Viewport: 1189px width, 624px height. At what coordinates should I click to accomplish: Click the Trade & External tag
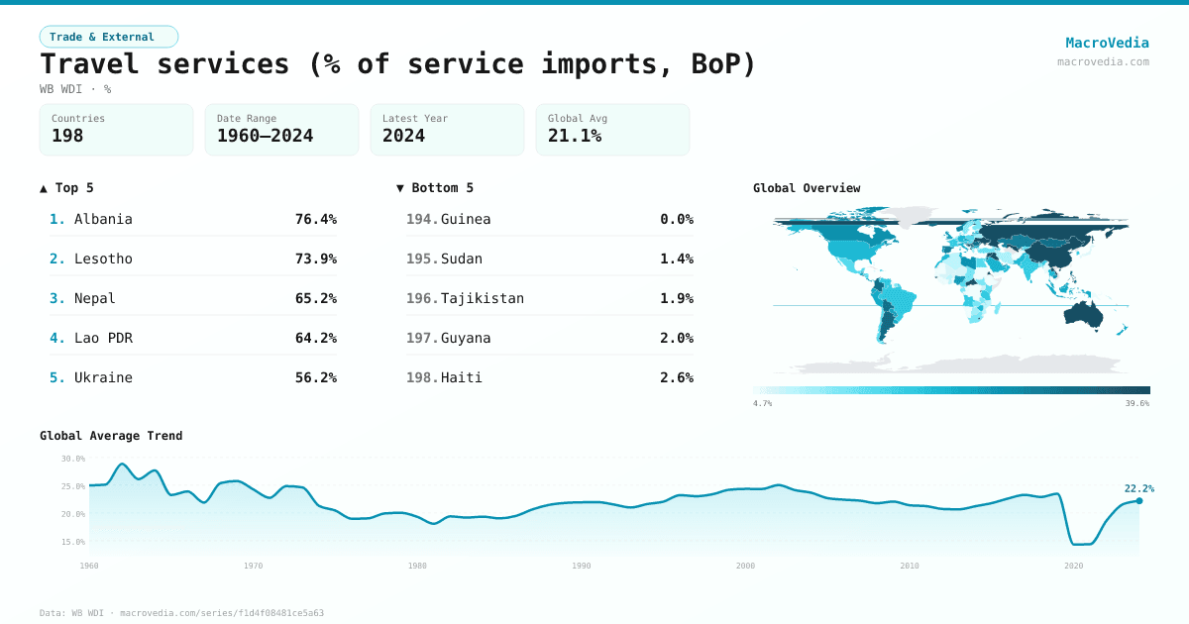[109, 37]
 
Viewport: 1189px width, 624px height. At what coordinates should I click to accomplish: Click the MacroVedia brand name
[1107, 43]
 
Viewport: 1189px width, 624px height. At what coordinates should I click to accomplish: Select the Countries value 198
[67, 136]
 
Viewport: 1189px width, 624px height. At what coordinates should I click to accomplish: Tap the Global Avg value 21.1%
[575, 136]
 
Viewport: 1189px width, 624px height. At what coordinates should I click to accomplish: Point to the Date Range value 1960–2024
[265, 136]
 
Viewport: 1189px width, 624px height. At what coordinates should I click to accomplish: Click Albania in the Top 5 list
[103, 219]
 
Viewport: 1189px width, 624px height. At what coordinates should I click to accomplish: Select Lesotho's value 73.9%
[315, 259]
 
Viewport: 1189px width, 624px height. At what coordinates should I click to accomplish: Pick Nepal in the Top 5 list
[95, 298]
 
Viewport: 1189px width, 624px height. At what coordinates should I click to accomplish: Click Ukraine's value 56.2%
[315, 377]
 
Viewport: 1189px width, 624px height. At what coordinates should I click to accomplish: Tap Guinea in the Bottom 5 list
[466, 219]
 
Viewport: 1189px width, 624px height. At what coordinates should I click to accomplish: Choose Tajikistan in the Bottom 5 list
[483, 298]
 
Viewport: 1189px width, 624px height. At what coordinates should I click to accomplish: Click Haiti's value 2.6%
[676, 377]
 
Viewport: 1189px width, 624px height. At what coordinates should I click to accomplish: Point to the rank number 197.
[422, 338]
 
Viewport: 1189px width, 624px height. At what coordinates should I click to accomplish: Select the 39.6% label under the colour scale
[1137, 404]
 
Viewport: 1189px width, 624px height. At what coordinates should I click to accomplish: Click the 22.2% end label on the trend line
[1138, 488]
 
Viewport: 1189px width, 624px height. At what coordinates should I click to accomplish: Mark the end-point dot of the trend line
[1138, 501]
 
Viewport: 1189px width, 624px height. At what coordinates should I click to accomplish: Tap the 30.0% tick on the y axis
[73, 459]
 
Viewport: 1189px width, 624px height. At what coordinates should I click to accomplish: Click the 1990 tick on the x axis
[582, 566]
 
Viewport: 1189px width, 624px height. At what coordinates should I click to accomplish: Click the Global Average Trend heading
[111, 436]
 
